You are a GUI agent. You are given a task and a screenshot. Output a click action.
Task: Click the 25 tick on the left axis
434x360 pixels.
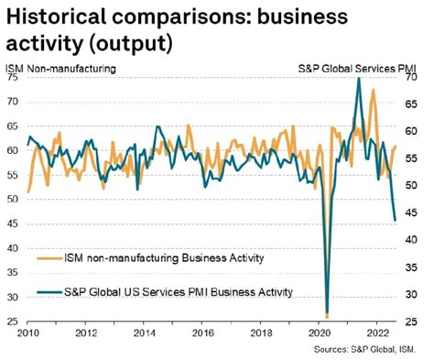point(14,322)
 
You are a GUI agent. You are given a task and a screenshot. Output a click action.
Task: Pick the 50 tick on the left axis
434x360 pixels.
point(14,200)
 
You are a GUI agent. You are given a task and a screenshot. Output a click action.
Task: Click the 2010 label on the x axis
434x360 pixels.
point(27,333)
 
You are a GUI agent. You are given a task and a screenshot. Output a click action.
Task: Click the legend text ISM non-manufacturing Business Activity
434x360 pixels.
point(163,258)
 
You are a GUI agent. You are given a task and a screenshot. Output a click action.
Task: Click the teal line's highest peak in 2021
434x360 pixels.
point(358,79)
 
